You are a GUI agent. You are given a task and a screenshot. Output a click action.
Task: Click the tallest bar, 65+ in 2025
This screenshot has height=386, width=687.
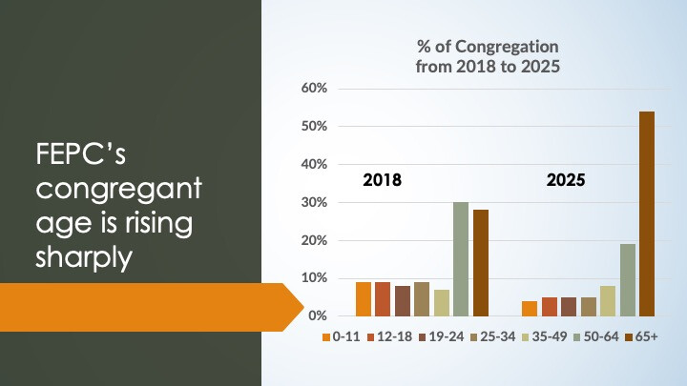646,213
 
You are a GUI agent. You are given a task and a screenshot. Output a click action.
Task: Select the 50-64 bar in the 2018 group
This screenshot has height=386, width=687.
461,258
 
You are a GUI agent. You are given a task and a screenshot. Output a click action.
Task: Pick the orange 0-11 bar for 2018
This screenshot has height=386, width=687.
364,298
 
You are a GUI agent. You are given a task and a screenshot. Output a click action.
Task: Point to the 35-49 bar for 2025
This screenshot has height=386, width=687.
608,300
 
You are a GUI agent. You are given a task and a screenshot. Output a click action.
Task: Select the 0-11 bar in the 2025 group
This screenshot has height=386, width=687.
530,308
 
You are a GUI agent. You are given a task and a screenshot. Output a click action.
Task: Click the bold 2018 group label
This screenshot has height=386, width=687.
383,179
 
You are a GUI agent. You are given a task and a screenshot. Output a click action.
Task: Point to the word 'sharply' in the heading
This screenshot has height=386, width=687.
83,256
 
